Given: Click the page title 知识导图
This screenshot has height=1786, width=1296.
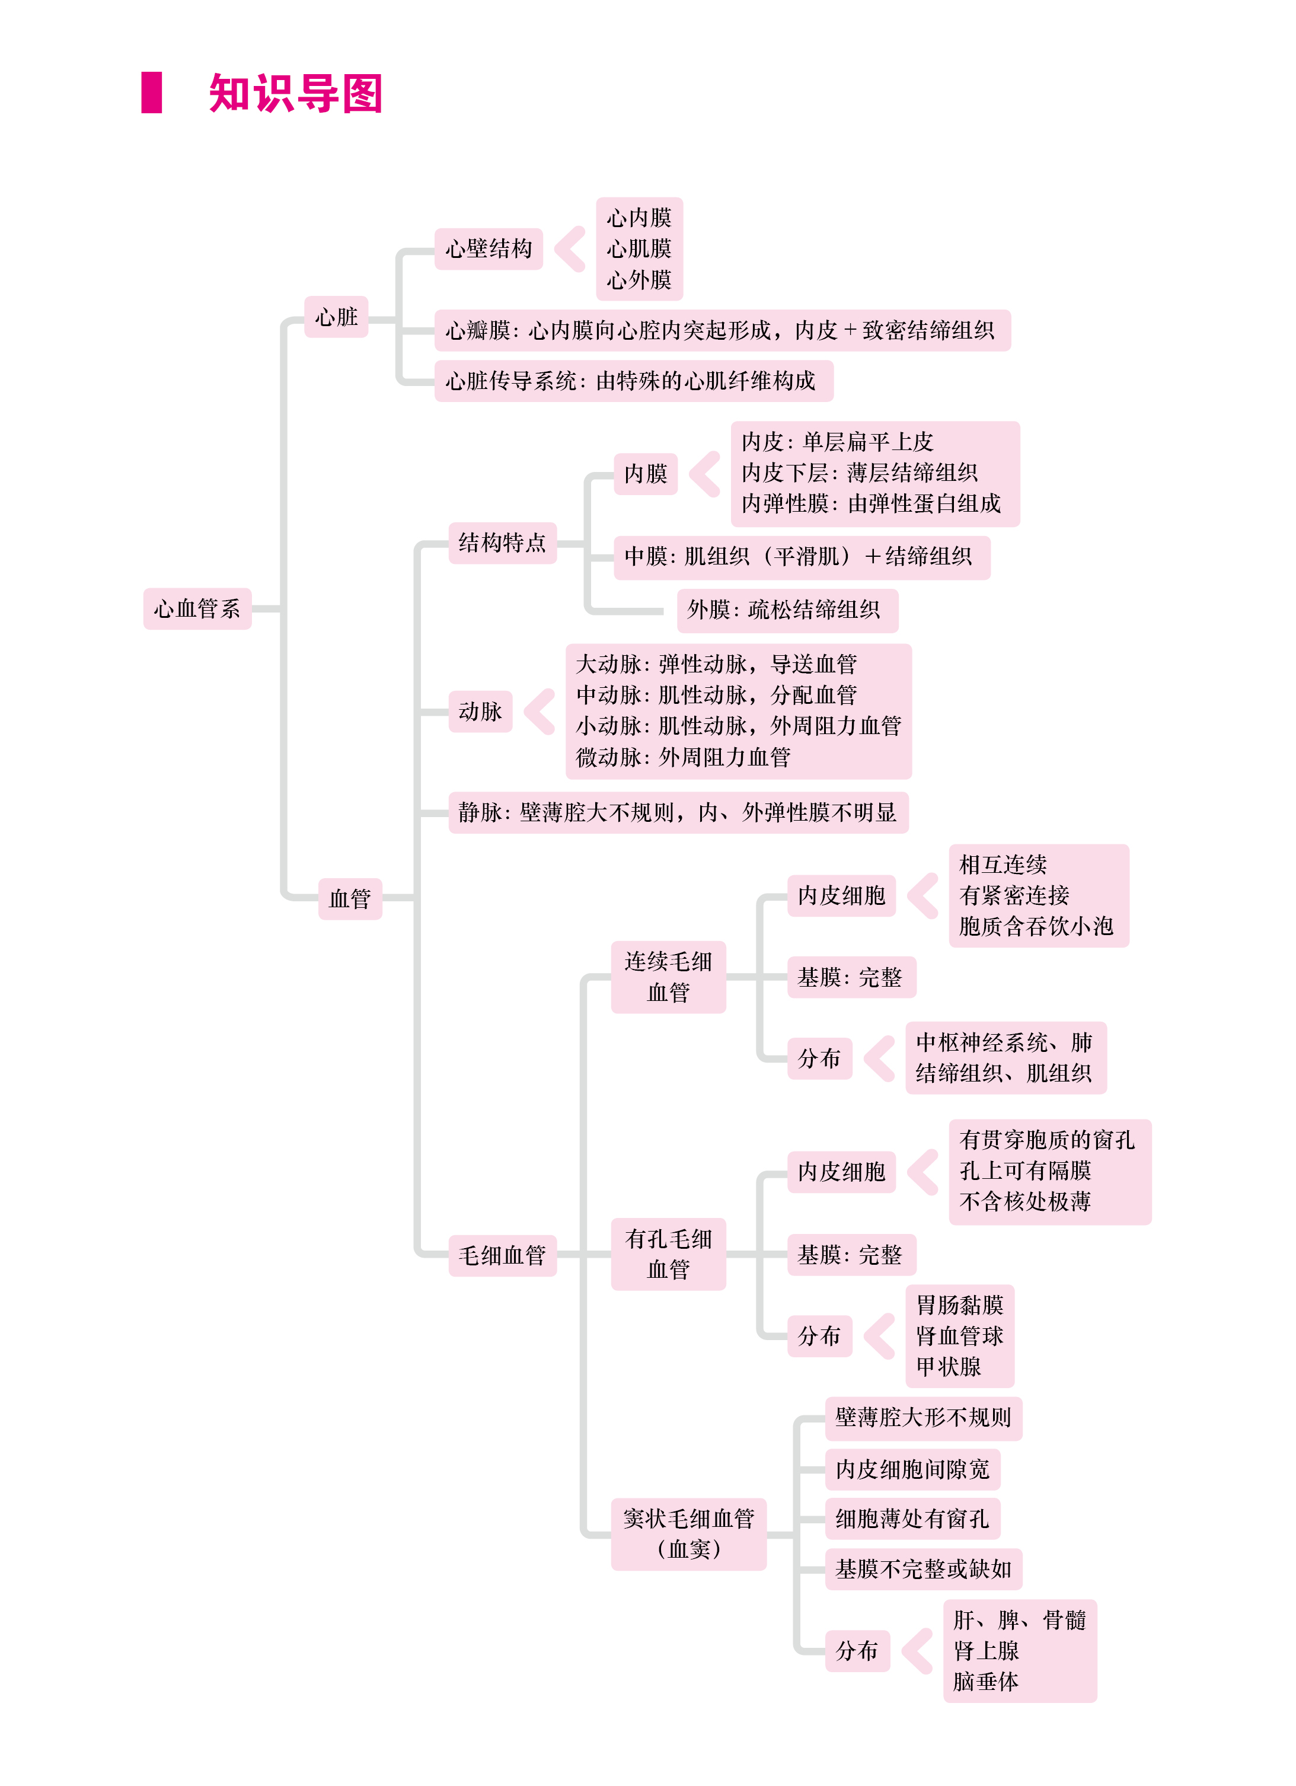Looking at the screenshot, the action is tap(295, 93).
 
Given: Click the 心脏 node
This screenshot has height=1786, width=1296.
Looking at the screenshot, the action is tap(336, 317).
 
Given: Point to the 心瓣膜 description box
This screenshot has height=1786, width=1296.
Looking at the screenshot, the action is tap(722, 330).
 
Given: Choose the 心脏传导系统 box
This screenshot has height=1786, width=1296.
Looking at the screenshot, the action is tap(634, 381).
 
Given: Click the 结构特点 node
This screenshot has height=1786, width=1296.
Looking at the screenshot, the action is tap(502, 543).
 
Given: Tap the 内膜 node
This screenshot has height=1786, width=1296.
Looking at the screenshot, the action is tap(646, 473).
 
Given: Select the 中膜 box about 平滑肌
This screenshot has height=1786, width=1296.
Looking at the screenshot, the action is tap(802, 557).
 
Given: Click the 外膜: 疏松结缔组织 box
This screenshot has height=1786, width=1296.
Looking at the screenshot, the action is tap(787, 610).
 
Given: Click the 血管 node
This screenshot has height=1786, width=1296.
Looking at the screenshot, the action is tap(350, 898).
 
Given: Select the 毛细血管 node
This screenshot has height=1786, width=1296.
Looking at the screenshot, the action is tap(502, 1255).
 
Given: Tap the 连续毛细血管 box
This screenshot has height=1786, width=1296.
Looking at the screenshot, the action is tap(669, 977).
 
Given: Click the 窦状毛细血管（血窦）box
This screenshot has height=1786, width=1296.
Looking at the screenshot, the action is tap(689, 1534).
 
